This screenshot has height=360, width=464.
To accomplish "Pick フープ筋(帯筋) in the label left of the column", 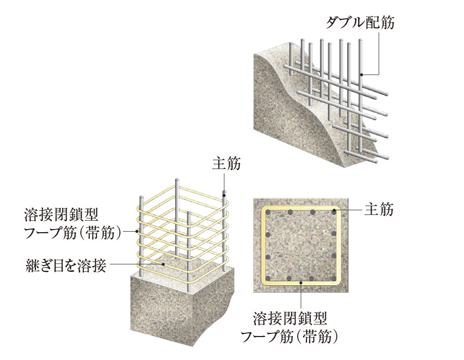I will [73, 232].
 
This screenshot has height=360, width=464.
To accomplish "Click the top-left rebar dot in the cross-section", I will [267, 213].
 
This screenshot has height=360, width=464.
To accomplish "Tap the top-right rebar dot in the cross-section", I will [333, 213].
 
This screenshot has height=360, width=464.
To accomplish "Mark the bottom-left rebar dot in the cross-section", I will [267, 278].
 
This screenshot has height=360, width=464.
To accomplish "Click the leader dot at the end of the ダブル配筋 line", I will [361, 75].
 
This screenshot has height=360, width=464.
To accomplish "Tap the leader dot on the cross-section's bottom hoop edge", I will [301, 282].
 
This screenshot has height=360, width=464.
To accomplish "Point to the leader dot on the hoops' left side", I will [138, 231].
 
